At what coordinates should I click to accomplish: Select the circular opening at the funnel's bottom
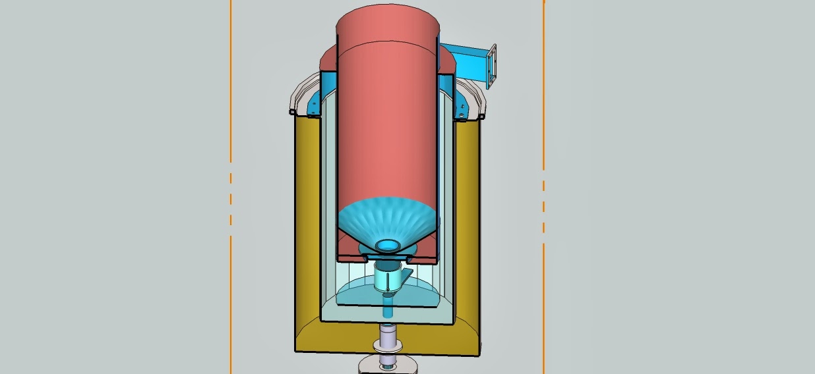(x=388, y=245)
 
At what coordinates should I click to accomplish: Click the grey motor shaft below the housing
(x=388, y=339)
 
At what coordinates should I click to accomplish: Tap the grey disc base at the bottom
(x=388, y=365)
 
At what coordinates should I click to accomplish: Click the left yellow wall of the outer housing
(x=307, y=224)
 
